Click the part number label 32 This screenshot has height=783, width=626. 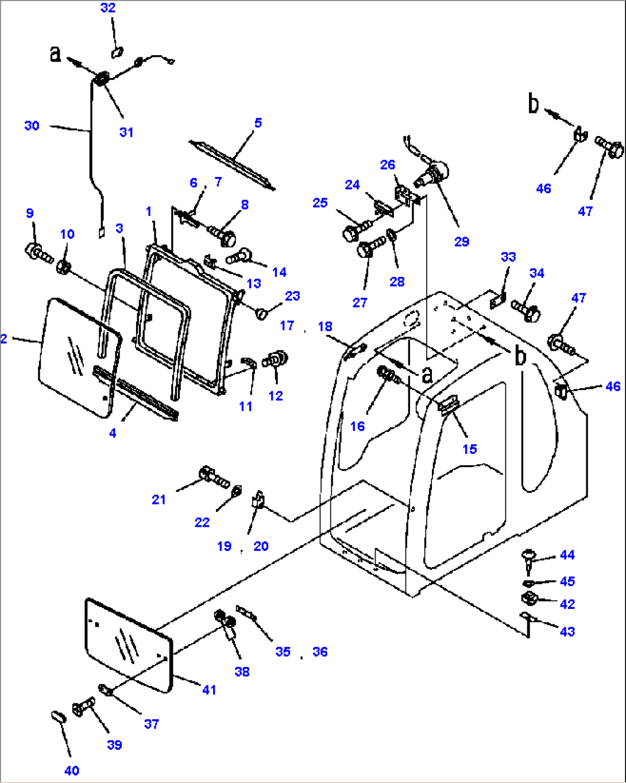(x=108, y=8)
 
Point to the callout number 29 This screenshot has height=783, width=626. (x=462, y=242)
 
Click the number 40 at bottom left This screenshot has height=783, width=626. (x=72, y=770)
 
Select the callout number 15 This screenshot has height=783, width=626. (x=470, y=449)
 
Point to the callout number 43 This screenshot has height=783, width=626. (x=567, y=631)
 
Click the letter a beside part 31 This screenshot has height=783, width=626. (x=55, y=53)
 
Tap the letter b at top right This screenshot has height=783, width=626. (x=534, y=104)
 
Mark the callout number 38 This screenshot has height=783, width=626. (x=242, y=671)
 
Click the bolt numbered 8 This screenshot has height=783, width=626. (x=222, y=233)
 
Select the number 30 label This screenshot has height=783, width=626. (x=32, y=125)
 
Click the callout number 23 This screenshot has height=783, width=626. (x=292, y=296)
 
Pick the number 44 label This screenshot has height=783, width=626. (x=567, y=554)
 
